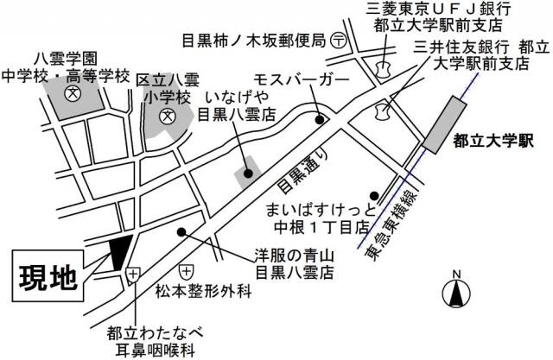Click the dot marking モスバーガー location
(319, 119)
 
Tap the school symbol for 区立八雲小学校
(182, 113)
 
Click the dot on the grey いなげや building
(248, 173)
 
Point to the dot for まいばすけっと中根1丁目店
(373, 194)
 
